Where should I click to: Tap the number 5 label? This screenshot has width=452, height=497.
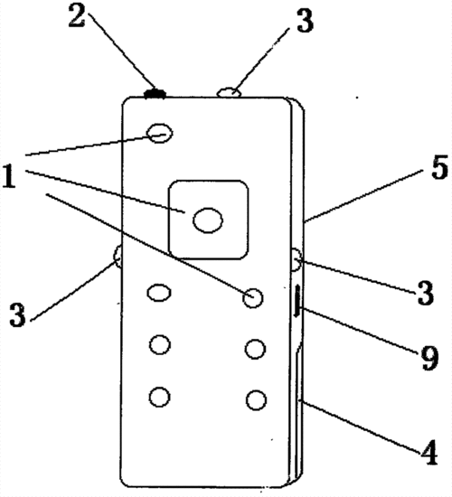[x=439, y=168]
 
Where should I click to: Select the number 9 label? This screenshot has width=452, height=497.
[x=429, y=358]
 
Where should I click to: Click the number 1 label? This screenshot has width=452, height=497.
[x=9, y=176]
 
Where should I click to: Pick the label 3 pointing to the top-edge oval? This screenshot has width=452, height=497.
[x=305, y=20]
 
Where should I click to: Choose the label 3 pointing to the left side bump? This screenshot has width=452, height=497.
[x=17, y=315]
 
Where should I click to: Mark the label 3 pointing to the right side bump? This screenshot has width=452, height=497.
[x=425, y=293]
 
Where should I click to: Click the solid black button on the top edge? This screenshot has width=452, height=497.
[x=155, y=93]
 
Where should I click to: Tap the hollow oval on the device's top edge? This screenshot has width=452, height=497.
[x=229, y=93]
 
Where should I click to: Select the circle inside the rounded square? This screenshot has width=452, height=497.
[x=208, y=220]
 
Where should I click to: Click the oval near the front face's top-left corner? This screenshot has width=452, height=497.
[x=159, y=133]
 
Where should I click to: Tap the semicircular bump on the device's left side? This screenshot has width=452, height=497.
[x=118, y=257]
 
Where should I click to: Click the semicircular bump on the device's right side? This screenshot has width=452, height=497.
[x=297, y=260]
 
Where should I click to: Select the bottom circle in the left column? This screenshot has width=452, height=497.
[x=159, y=397]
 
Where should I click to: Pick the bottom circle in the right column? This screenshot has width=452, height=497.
[x=256, y=400]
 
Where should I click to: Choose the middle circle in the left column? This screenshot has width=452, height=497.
[x=160, y=345]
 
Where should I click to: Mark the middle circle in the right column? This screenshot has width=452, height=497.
[x=255, y=349]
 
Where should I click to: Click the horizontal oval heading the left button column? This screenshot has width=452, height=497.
[x=159, y=292]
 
